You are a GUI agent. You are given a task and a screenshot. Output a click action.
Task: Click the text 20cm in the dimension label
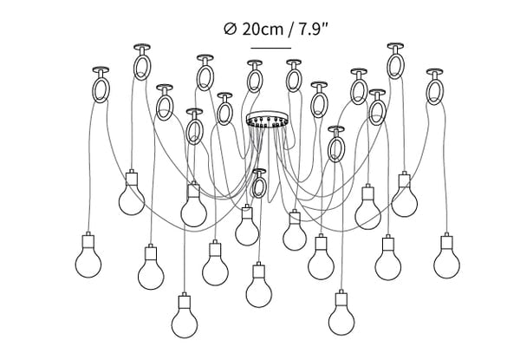click(x=263, y=29)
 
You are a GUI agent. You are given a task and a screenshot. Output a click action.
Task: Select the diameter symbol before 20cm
click(x=231, y=29)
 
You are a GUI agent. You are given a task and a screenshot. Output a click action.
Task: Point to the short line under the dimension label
click(x=271, y=48)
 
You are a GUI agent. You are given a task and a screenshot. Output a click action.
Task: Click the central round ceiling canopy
click(x=267, y=119)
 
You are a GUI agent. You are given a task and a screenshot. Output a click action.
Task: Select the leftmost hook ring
click(x=101, y=90)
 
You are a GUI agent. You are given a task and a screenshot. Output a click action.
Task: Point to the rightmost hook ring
click(x=435, y=92)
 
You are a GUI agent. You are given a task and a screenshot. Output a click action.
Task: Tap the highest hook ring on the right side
click(x=395, y=66)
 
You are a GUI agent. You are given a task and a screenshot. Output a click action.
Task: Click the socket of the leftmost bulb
click(x=88, y=241)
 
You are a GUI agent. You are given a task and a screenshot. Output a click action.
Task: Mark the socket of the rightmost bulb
click(x=446, y=241)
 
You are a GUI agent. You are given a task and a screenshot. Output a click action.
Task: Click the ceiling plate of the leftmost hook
click(x=101, y=69)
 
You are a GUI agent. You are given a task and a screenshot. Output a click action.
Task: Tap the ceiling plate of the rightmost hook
click(x=434, y=71)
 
